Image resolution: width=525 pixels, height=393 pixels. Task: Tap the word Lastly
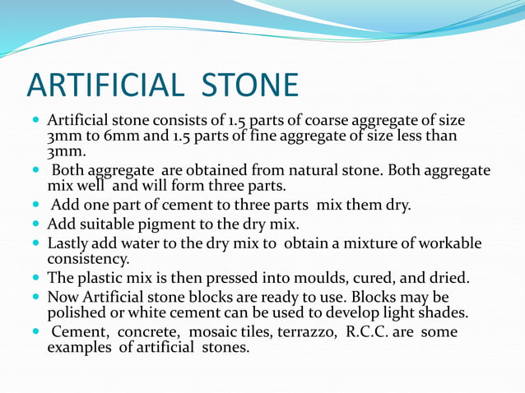[69, 244]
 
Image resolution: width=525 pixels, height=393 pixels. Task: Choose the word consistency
[88, 259]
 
